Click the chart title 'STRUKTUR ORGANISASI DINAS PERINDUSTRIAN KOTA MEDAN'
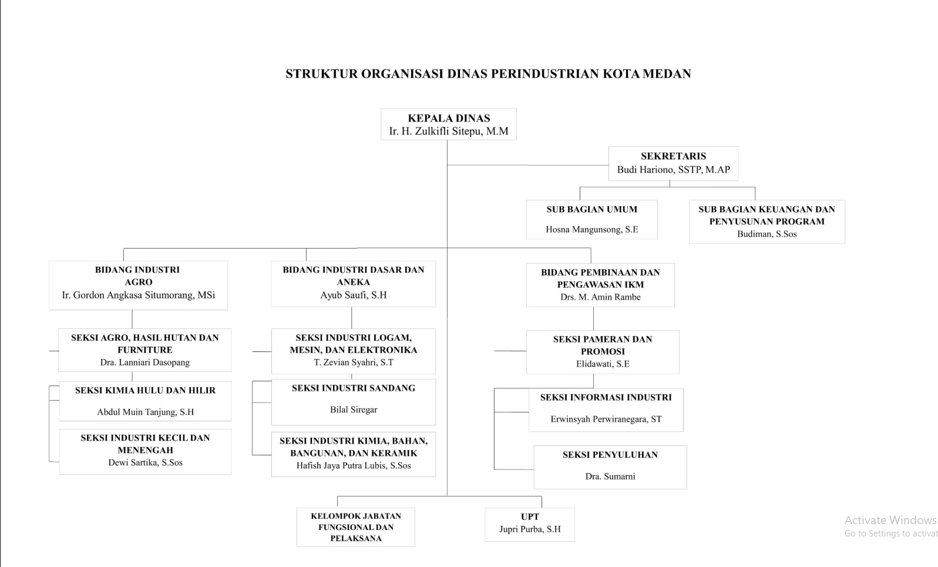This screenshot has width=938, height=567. click(488, 73)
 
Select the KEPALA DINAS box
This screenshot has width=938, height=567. click(449, 124)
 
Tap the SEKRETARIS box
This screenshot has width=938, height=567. click(673, 163)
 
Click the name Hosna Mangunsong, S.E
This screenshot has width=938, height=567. click(591, 230)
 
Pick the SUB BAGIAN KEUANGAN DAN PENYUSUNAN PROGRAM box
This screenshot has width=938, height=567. click(766, 222)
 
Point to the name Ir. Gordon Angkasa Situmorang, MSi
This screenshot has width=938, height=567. click(138, 295)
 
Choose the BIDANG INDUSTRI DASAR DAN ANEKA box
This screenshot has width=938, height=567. click(354, 283)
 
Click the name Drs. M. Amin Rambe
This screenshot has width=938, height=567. click(600, 297)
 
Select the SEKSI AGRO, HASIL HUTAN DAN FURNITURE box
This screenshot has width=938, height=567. click(145, 350)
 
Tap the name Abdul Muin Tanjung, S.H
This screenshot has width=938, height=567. click(145, 412)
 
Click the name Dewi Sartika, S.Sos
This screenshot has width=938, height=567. click(145, 463)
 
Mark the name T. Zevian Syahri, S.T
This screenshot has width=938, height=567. click(354, 363)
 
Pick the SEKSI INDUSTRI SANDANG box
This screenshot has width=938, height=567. click(354, 402)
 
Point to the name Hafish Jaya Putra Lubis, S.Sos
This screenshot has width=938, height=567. click(354, 466)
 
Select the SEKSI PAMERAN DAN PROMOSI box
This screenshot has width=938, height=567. click(603, 352)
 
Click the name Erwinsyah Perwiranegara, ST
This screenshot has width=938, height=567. click(606, 419)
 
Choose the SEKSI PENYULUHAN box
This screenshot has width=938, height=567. click(610, 467)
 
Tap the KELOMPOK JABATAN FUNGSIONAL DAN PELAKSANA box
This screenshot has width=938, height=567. click(356, 527)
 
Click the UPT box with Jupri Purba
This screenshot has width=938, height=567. click(530, 525)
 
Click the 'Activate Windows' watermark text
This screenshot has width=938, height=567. click(890, 520)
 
